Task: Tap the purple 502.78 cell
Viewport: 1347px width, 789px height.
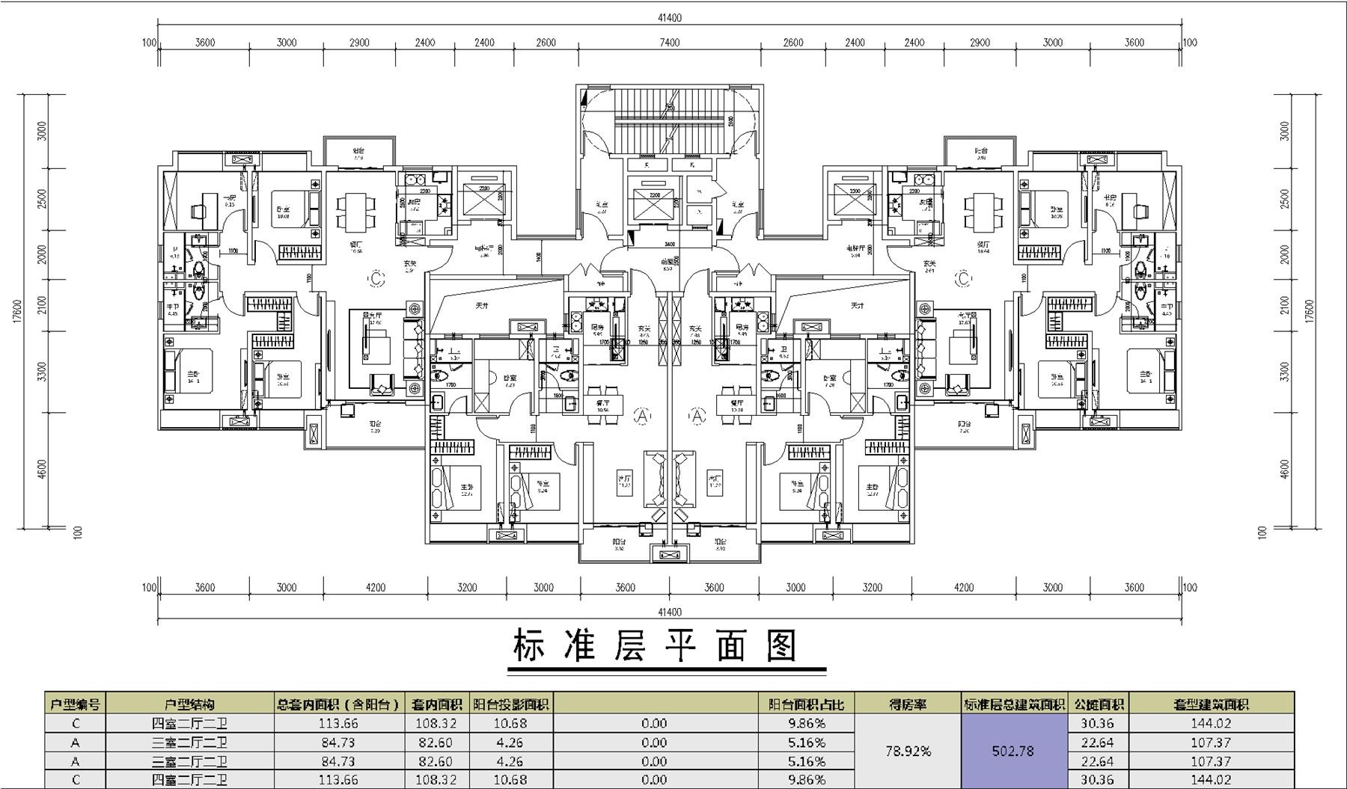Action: (x=1012, y=751)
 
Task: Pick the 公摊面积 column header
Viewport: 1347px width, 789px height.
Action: (x=1098, y=704)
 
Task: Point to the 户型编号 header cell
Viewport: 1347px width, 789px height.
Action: (x=75, y=704)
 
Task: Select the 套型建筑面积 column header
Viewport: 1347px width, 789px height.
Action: (x=1211, y=704)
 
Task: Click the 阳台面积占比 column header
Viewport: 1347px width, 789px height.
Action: (x=806, y=704)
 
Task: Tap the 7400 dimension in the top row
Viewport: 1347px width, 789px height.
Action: (x=669, y=43)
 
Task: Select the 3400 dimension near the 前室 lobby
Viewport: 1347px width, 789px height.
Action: (x=669, y=244)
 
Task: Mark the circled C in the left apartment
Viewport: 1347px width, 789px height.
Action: (x=376, y=279)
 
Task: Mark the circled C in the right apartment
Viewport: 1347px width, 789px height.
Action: (x=962, y=279)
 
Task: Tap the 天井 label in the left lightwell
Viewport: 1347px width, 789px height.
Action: (x=482, y=306)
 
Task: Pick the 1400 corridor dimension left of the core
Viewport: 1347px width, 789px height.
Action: (x=539, y=257)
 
